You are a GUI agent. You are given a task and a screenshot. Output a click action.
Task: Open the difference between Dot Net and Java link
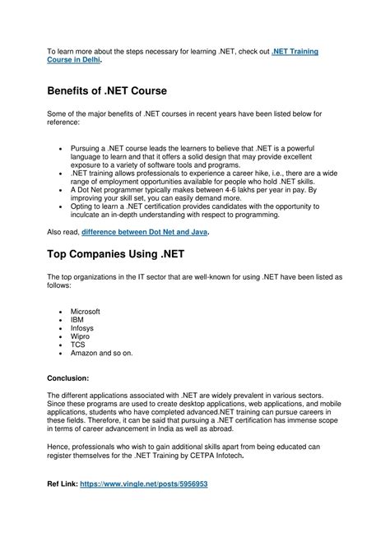pyautogui.click(x=146, y=232)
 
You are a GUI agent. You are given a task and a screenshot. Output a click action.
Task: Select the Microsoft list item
pyautogui.click(x=86, y=312)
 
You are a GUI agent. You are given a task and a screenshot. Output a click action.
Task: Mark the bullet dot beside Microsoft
pyautogui.click(x=63, y=313)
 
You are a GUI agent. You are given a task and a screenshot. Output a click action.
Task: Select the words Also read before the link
pyautogui.click(x=63, y=232)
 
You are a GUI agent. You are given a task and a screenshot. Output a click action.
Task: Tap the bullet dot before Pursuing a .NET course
pyautogui.click(x=63, y=147)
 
